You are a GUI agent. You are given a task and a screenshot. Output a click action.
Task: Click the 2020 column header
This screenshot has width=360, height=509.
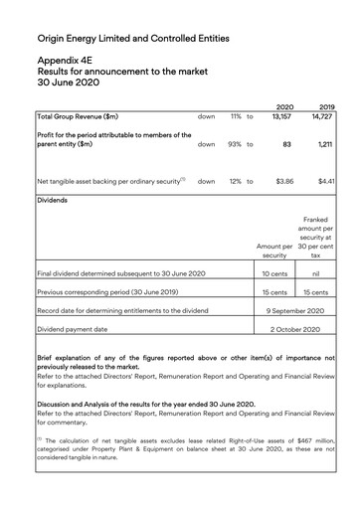[283, 105]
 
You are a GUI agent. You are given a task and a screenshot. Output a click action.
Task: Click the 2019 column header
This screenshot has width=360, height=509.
[327, 105]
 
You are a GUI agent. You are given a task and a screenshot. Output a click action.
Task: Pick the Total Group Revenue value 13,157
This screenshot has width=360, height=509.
[280, 116]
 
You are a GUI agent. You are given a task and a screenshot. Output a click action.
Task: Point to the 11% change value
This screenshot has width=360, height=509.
[237, 116]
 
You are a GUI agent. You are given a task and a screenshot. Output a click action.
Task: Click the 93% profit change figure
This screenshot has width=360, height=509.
[236, 144]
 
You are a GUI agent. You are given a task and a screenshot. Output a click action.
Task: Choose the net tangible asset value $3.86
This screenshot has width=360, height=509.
[283, 182]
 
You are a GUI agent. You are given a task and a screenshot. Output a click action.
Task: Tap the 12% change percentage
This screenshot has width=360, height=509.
[236, 182]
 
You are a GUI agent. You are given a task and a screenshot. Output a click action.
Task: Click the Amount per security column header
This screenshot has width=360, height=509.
[274, 250]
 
